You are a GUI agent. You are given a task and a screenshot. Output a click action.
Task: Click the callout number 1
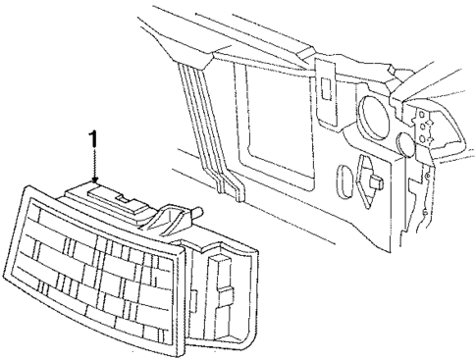[93, 140]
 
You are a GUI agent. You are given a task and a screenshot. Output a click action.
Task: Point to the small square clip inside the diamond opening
[376, 181]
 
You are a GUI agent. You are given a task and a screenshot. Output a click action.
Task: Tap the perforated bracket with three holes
[424, 128]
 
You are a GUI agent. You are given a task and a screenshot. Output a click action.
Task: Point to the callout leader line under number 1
[93, 163]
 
